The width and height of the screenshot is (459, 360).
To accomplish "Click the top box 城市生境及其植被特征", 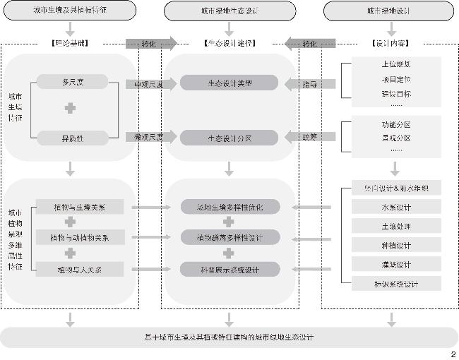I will tap(69, 11).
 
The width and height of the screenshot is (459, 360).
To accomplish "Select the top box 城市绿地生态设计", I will tap(228, 11).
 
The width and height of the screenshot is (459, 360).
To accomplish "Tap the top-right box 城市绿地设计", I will tap(388, 11).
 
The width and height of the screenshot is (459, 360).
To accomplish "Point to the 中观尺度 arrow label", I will tap(148, 84).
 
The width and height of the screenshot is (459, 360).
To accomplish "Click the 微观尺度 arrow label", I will tap(148, 137).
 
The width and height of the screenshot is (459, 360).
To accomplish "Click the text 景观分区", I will tap(395, 138).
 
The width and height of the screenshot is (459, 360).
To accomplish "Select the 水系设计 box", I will tap(395, 208).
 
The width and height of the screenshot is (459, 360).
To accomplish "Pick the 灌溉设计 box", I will tap(395, 265).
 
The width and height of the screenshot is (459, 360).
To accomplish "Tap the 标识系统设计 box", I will tap(395, 284).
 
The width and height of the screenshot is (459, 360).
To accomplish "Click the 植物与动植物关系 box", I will tap(80, 237).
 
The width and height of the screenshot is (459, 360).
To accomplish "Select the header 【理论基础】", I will tap(70, 44).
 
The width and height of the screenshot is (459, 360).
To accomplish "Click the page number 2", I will tap(453, 354).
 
